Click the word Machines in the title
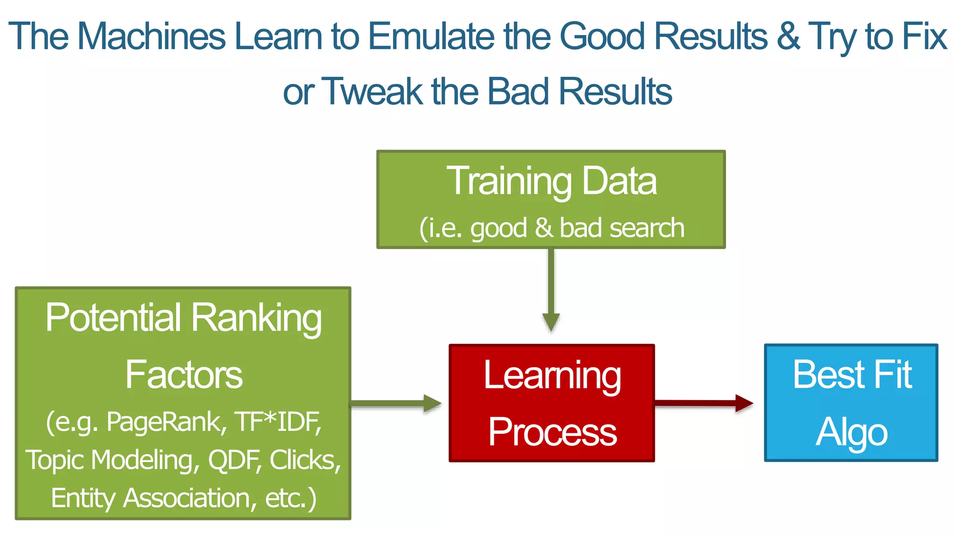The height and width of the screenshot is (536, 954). [151, 36]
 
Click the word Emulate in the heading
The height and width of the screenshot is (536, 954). [431, 36]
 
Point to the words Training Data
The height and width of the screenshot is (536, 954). [552, 181]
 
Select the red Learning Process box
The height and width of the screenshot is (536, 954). [552, 403]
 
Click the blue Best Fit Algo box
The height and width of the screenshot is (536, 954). [851, 403]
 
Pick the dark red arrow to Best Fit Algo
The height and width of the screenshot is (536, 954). [703, 403]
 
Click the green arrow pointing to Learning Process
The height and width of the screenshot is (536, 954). [396, 403]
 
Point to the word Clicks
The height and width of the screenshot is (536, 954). [305, 460]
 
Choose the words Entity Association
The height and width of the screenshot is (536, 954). [151, 498]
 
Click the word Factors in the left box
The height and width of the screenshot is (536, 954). [184, 375]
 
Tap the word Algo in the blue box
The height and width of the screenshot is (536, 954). [852, 432]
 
